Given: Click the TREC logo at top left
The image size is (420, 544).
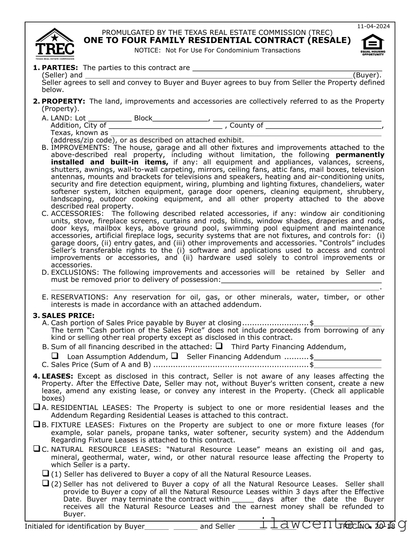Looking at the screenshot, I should pos(55,44).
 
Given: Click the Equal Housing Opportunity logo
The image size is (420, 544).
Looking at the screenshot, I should pos(373,45).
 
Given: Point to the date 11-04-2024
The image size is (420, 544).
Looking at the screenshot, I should pos(374,26).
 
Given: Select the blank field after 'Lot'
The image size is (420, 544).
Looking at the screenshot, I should pos(110,118).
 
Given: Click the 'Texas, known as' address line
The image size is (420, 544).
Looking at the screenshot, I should pos(246,133).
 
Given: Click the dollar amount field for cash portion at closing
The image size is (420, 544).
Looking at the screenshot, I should pos(348,324).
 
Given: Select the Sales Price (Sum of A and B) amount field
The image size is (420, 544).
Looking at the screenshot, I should pos(348,365).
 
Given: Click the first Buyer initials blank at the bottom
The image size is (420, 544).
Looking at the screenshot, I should pos(157,526).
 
